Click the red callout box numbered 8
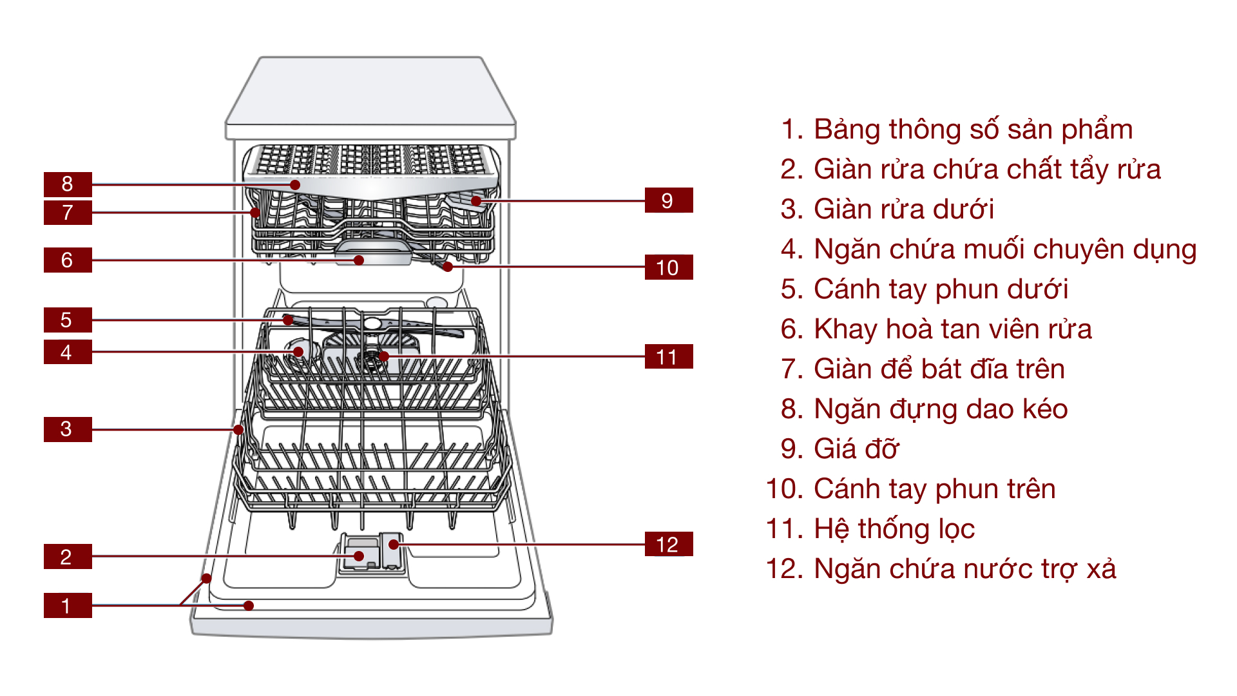[x=68, y=184]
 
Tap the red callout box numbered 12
[x=668, y=544]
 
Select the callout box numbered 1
[x=68, y=605]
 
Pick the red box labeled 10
[x=668, y=267]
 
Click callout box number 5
[x=68, y=320]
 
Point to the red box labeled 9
[x=668, y=200]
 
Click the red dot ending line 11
[x=384, y=356]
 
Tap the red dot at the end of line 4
[x=298, y=351]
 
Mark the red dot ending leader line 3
[x=238, y=429]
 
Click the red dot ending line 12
[x=394, y=545]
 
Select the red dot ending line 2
[x=359, y=556]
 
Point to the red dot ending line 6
[x=359, y=260]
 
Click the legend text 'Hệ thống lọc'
[x=894, y=529]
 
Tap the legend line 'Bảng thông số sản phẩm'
[x=972, y=130]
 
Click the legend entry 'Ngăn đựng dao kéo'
[x=940, y=409]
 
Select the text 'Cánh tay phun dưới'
[x=940, y=289]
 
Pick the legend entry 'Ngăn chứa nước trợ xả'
[x=964, y=569]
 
